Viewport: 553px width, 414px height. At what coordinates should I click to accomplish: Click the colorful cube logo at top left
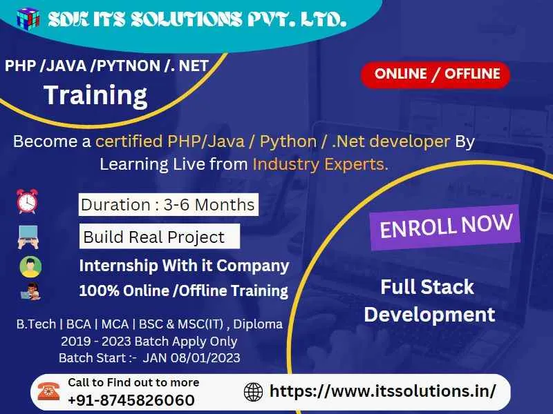tap(28, 19)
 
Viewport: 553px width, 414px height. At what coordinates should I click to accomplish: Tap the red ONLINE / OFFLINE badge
tap(435, 75)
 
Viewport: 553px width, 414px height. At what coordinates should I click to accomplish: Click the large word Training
tap(95, 95)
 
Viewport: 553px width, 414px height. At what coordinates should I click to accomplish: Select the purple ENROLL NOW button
tap(447, 226)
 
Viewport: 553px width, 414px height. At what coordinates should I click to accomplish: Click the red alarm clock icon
tap(28, 201)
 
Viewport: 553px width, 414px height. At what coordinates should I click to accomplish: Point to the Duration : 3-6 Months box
tap(168, 204)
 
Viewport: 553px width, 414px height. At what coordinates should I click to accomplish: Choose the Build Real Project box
tap(159, 237)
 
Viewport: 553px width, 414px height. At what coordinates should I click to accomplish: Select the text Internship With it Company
tap(184, 266)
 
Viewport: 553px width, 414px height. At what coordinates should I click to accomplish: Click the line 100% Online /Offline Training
tap(183, 290)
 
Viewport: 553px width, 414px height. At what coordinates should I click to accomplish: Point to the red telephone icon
tap(48, 391)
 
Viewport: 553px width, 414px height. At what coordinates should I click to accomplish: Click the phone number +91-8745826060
tap(131, 400)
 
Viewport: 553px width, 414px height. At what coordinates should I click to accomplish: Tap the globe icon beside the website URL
tap(254, 392)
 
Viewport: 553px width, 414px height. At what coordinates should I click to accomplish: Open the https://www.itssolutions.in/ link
tap(382, 391)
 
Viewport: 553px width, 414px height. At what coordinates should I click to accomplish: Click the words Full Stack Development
tap(429, 301)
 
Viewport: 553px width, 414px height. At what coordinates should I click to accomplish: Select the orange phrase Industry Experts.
tap(320, 164)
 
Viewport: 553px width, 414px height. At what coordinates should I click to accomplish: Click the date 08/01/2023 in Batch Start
tap(208, 357)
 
